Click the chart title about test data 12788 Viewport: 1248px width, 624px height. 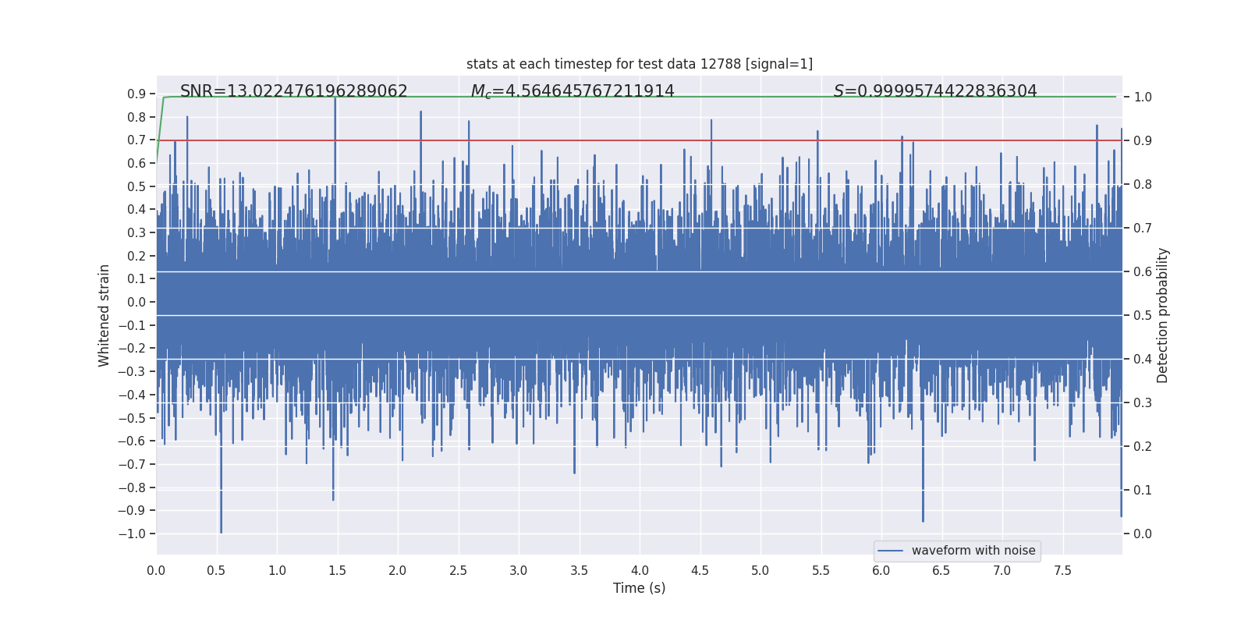click(639, 64)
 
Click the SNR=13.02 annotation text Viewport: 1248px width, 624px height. click(293, 91)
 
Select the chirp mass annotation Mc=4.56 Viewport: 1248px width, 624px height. click(573, 91)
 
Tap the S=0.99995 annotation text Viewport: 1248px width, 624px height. click(935, 91)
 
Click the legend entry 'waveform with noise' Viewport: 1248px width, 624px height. click(973, 551)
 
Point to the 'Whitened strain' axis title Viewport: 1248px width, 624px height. click(105, 315)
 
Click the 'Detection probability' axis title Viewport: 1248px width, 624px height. click(1163, 315)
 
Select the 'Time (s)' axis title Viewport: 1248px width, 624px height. click(639, 588)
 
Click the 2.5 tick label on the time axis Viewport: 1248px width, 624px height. click(458, 571)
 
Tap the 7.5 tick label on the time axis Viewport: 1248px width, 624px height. click(1062, 571)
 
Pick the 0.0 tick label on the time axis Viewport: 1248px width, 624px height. click(156, 571)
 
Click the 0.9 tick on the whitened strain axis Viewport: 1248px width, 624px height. click(136, 94)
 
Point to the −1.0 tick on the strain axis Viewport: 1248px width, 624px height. click(133, 534)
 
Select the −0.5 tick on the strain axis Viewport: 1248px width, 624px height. click(133, 418)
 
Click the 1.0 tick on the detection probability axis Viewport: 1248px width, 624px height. click(1143, 97)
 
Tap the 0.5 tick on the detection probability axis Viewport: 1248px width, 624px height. click(1143, 315)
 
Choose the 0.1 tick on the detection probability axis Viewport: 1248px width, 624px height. click(1143, 490)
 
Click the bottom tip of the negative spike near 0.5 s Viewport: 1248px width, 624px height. click(221, 533)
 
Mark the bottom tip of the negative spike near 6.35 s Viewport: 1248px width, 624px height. click(923, 521)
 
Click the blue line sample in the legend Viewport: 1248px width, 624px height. click(890, 551)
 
